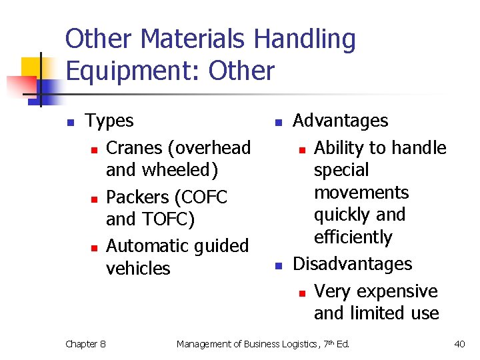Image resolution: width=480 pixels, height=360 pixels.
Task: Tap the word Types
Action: pos(109,121)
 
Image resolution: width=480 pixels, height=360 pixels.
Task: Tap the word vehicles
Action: pos(138,268)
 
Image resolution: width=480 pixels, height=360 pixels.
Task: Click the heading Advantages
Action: pos(340,121)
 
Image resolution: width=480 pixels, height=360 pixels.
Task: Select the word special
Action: pos(341,170)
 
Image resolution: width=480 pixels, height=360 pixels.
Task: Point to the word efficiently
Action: pos(353,237)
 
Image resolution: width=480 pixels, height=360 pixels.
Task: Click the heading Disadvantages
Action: pos(353,264)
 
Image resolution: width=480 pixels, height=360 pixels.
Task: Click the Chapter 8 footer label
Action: pos(85,344)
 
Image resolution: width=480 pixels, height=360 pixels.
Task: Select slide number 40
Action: pos(459,344)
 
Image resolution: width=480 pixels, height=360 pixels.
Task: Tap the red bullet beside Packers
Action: pos(94,199)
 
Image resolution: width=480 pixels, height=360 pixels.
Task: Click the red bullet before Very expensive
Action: pos(301,293)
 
